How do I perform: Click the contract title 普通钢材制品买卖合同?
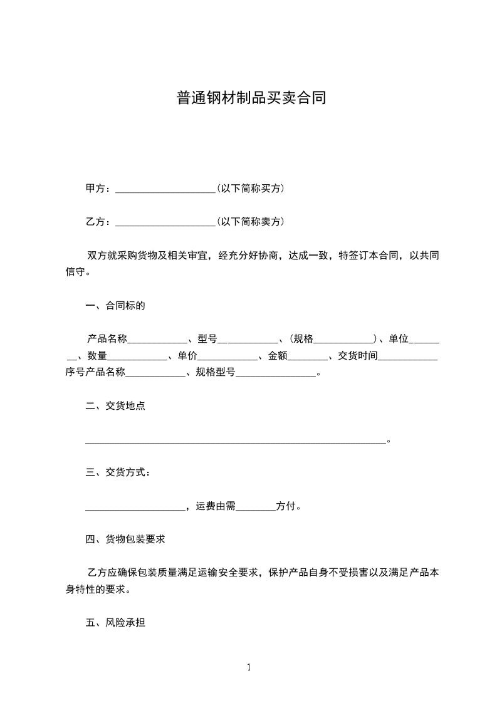[x=251, y=98]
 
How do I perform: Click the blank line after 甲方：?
[x=165, y=189]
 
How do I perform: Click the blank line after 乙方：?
[x=165, y=222]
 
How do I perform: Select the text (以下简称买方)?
[x=250, y=188]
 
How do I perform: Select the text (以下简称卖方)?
[x=250, y=221]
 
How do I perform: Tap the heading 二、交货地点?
[x=115, y=405]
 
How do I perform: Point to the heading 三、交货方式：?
[x=118, y=472]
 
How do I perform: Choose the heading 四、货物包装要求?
[x=125, y=538]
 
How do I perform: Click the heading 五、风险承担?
[x=115, y=623]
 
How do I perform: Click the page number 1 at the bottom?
[x=249, y=667]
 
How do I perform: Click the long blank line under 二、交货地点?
[x=235, y=441]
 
